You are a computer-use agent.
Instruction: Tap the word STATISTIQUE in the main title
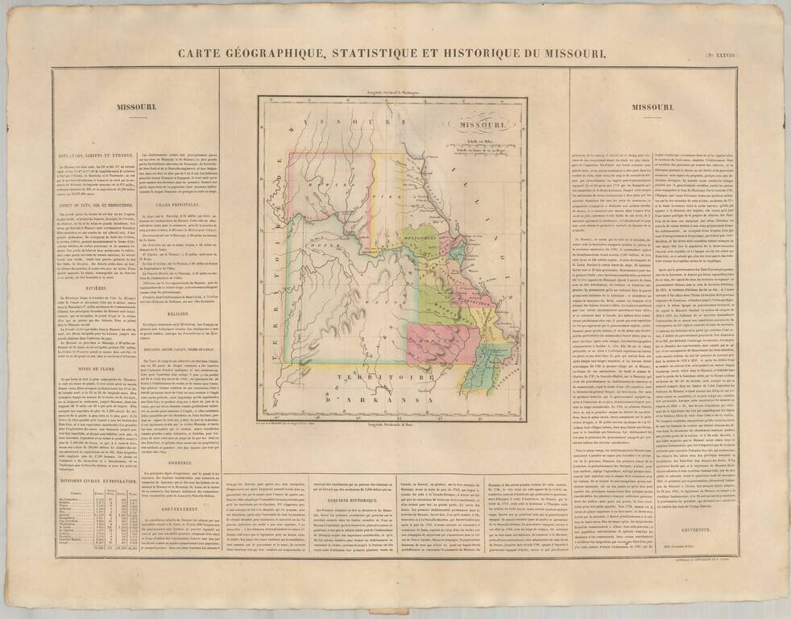click(x=377, y=53)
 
